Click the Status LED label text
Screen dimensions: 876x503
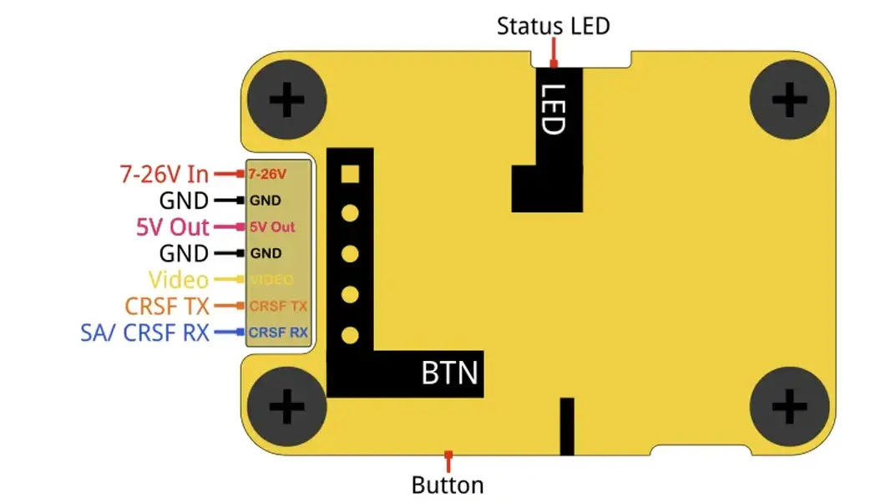[x=553, y=26]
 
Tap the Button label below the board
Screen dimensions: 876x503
[x=448, y=485]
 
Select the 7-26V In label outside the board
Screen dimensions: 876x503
[x=165, y=175]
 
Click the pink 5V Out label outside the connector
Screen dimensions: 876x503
[x=173, y=227]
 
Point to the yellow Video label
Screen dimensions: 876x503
[x=178, y=279]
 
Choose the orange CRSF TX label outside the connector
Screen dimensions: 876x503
[x=166, y=306]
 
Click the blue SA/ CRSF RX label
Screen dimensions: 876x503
[x=144, y=333]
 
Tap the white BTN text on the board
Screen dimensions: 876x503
[x=450, y=373]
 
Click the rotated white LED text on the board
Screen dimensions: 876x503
[x=554, y=109]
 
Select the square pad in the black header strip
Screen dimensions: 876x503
[x=350, y=174]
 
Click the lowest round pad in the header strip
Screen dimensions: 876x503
[x=350, y=335]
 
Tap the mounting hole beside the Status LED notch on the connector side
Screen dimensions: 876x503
[x=286, y=100]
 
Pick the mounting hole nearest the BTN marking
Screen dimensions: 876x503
[x=286, y=406]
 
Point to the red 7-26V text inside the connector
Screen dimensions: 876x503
[x=267, y=175]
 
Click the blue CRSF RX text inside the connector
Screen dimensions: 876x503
[x=278, y=333]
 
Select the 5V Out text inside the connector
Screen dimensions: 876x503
[x=272, y=227]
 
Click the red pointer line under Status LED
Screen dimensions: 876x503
[x=554, y=53]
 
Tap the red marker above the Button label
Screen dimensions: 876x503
[x=448, y=462]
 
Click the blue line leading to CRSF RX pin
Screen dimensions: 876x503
[x=229, y=332]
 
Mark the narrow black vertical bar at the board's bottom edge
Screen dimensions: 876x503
[x=567, y=426]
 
